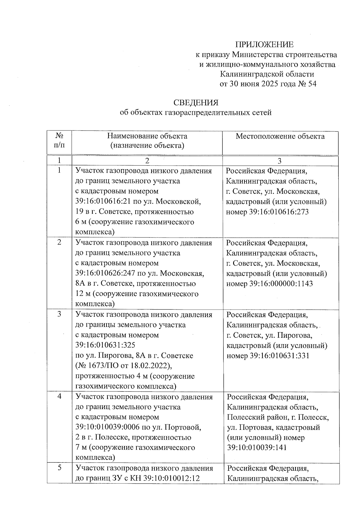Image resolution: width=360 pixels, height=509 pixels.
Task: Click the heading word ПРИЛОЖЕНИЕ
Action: point(264,45)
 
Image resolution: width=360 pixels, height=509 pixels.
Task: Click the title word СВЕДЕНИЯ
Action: point(196,103)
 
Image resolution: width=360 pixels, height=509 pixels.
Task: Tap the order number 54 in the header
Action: point(312,84)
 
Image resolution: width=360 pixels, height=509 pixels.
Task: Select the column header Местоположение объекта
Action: point(280,136)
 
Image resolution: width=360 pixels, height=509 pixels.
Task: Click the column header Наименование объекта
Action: point(147,136)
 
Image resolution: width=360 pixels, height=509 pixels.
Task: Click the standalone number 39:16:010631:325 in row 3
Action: point(105,345)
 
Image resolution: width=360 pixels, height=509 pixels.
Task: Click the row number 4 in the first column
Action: point(59,397)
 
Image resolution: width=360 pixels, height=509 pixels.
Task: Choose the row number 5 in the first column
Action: point(59,468)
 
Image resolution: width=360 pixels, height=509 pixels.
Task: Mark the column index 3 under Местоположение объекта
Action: point(280,161)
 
